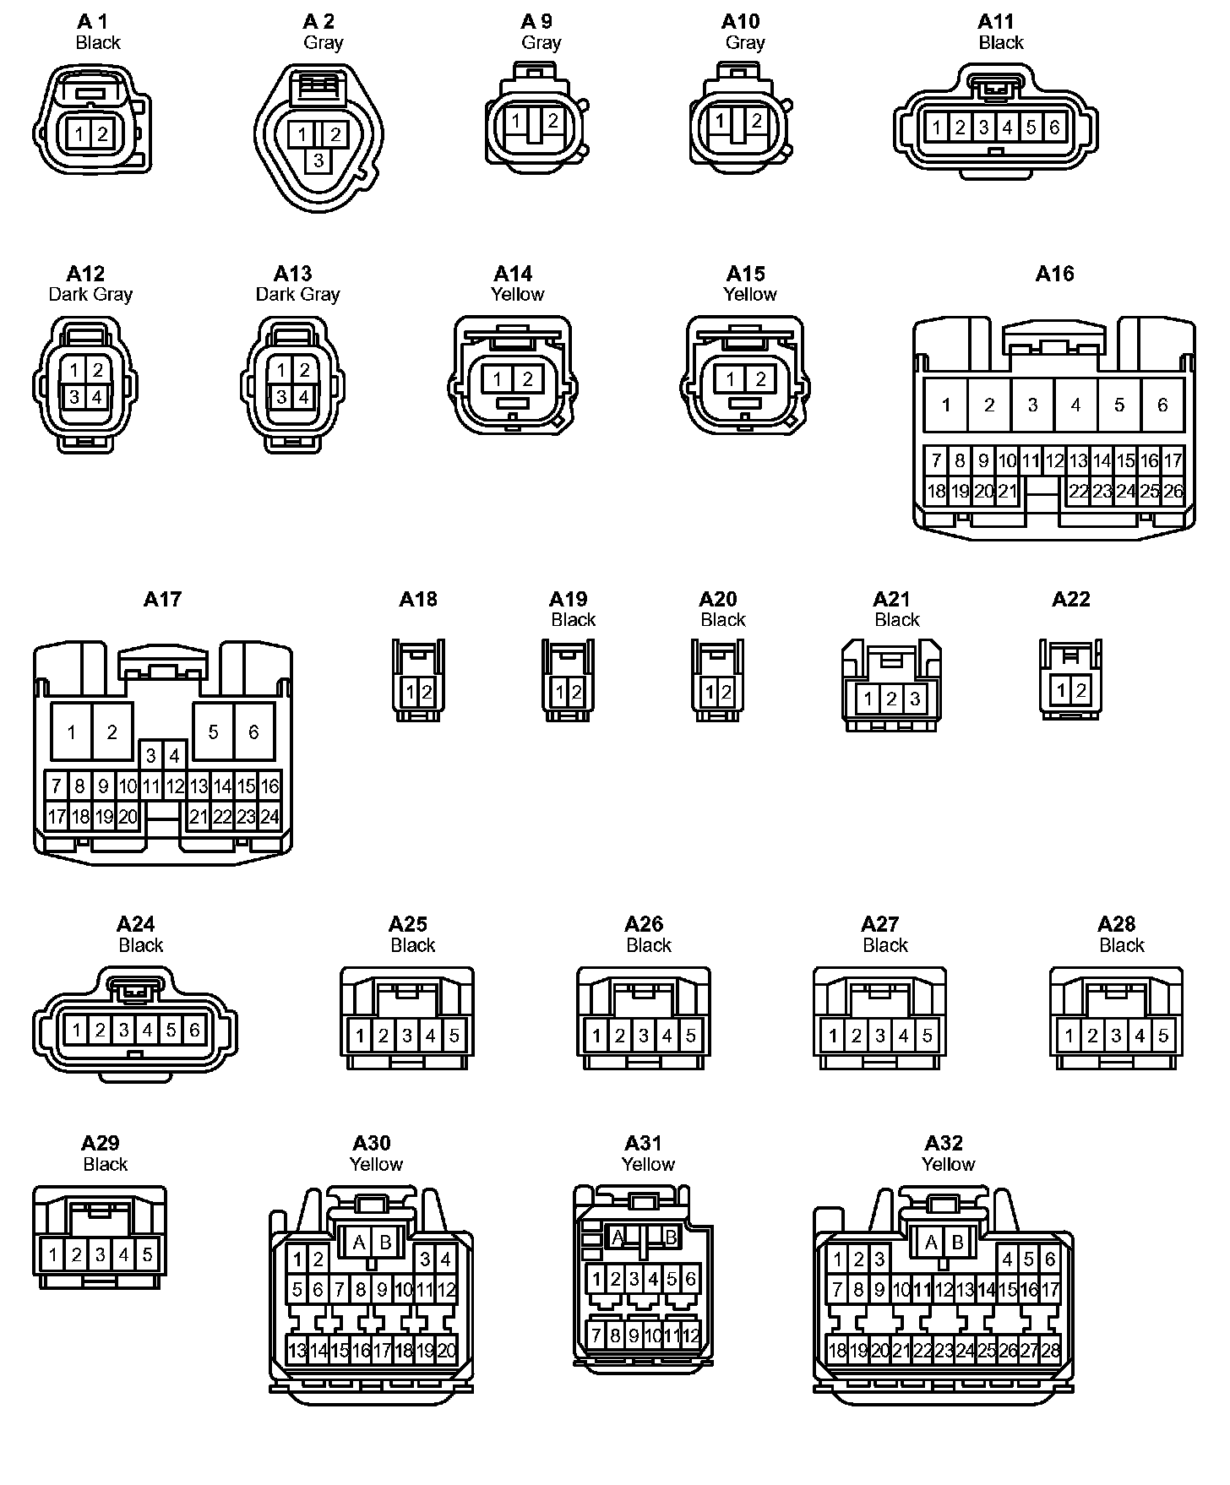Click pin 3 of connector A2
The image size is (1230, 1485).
pyautogui.click(x=318, y=160)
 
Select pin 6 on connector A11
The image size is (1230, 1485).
pyautogui.click(x=1053, y=128)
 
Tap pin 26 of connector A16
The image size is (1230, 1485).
pyautogui.click(x=1173, y=491)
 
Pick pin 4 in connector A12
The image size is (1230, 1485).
pyautogui.click(x=97, y=396)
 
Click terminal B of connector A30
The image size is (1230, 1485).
pyautogui.click(x=385, y=1242)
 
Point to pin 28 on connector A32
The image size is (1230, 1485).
pyautogui.click(x=1050, y=1350)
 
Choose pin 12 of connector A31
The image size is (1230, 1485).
pyautogui.click(x=691, y=1335)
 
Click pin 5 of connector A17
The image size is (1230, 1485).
pyautogui.click(x=213, y=732)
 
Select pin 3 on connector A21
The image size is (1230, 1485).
pyautogui.click(x=914, y=699)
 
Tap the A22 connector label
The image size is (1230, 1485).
pyautogui.click(x=1070, y=599)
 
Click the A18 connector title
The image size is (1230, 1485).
pyautogui.click(x=418, y=599)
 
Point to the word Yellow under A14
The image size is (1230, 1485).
pyautogui.click(x=517, y=294)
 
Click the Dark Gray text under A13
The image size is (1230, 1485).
pyautogui.click(x=297, y=294)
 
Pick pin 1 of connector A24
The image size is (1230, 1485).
pyautogui.click(x=77, y=1030)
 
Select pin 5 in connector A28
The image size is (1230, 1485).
pyautogui.click(x=1162, y=1036)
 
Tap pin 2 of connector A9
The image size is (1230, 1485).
pyautogui.click(x=552, y=120)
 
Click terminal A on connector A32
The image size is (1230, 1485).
pyautogui.click(x=931, y=1243)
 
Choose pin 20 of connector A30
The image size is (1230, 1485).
pyautogui.click(x=446, y=1350)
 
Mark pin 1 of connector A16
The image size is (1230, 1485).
pyautogui.click(x=945, y=405)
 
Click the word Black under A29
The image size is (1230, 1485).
pyautogui.click(x=105, y=1164)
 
